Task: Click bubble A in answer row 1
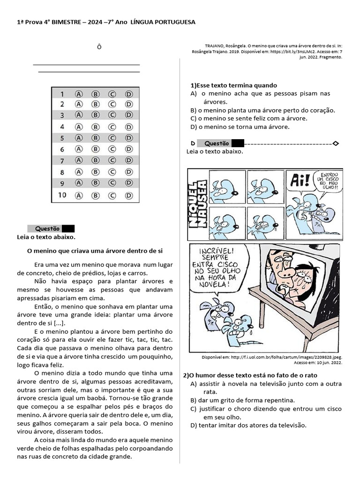pyautogui.click(x=79, y=94)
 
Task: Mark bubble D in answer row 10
pyautogui.click(x=128, y=195)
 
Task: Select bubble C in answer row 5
pyautogui.click(x=112, y=138)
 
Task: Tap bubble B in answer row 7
pyautogui.click(x=95, y=161)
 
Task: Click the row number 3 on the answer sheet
pyautogui.click(x=61, y=115)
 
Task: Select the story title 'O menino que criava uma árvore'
pyautogui.click(x=95, y=251)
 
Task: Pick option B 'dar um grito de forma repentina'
pyautogui.click(x=242, y=400)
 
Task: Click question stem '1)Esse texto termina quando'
pyautogui.click(x=234, y=85)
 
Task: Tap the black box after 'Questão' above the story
pyautogui.click(x=68, y=229)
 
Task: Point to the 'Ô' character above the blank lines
pyautogui.click(x=99, y=47)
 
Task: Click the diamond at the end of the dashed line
pyautogui.click(x=335, y=143)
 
